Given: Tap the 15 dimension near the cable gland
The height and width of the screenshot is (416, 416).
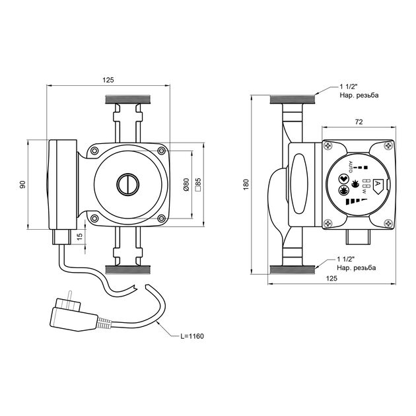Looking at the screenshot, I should [x=79, y=236].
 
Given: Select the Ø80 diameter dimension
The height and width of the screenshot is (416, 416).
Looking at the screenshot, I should [x=186, y=185].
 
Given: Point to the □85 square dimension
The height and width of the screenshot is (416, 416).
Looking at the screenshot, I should [x=197, y=185].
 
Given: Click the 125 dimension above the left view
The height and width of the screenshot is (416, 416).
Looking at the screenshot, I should [x=109, y=80].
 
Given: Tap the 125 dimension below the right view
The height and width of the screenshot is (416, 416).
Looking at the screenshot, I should [x=332, y=279].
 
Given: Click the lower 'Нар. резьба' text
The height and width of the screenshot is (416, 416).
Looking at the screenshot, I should [x=357, y=268].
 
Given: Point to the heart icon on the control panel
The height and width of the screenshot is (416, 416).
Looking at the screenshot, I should [x=343, y=178].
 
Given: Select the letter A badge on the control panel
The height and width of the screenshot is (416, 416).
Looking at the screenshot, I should [x=378, y=186].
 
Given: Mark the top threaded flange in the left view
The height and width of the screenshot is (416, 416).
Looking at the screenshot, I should [x=129, y=101].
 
